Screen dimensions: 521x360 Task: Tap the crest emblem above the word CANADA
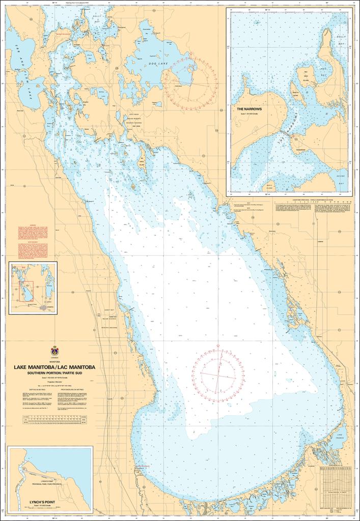(55, 351)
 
